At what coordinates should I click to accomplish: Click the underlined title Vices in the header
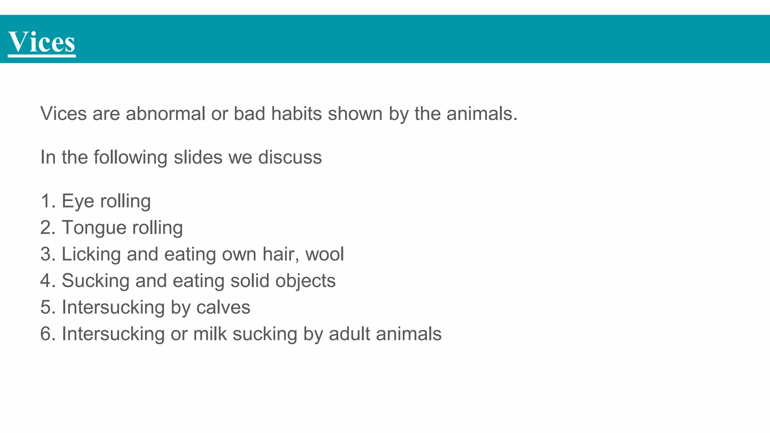coord(41,42)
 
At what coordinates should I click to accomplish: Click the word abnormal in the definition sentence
coord(165,114)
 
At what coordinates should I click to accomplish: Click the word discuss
coord(290,157)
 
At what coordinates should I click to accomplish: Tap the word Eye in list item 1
coord(78,201)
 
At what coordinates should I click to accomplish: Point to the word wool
coord(324,254)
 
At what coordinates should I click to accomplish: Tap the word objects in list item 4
coord(305,281)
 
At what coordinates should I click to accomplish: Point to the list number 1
coord(45,201)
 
